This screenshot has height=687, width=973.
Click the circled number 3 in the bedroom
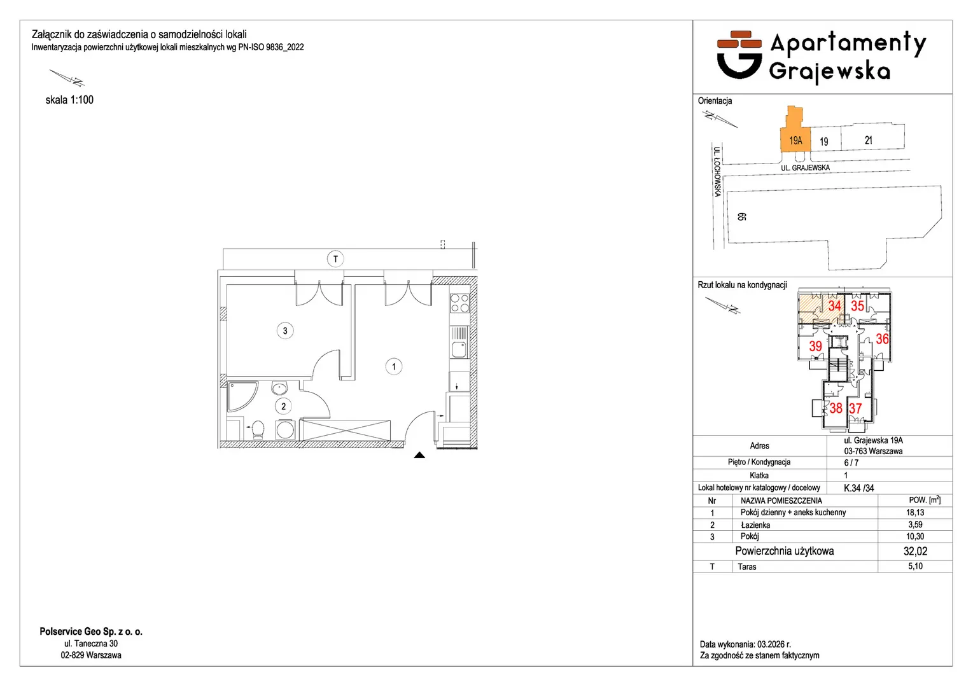point(285,331)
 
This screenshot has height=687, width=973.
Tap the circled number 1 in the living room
point(393,366)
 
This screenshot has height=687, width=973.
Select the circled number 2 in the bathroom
point(283,406)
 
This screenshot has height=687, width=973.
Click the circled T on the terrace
point(335,260)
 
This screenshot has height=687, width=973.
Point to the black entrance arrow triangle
point(419,455)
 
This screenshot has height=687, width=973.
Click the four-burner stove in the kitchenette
point(459,303)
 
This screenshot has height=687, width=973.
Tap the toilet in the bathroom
point(257,429)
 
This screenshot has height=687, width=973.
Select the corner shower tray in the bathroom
point(242,396)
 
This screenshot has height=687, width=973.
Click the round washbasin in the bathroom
point(279,388)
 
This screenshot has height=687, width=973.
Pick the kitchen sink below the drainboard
point(459,349)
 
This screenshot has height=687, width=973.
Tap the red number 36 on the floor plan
point(882,339)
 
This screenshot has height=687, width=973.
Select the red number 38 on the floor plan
point(836,408)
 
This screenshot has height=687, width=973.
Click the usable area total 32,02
point(915,552)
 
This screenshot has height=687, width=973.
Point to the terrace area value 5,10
point(915,566)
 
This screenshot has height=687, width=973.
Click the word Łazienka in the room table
point(755,525)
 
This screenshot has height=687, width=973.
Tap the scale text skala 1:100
point(69,100)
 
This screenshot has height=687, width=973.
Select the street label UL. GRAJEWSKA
point(805,168)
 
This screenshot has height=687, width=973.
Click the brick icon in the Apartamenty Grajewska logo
point(739,39)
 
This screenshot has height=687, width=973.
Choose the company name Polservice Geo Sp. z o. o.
point(91,632)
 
